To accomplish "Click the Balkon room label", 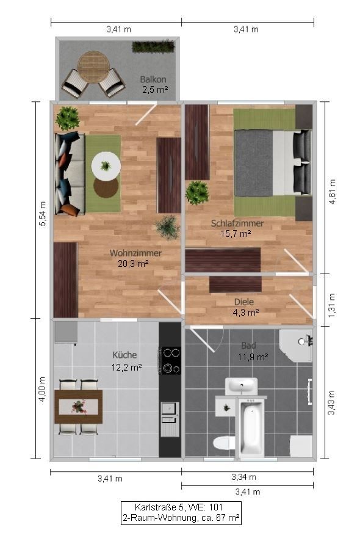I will pyautogui.click(x=153, y=79).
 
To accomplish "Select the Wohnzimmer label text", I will pyautogui.click(x=135, y=253).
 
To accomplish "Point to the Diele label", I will pyautogui.click(x=244, y=301).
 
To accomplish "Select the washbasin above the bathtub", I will pyautogui.click(x=242, y=386).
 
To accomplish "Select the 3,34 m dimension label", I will pyautogui.click(x=243, y=477).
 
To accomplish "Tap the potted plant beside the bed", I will pyautogui.click(x=197, y=192).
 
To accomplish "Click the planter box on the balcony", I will pyautogui.click(x=153, y=46).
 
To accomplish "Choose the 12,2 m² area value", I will pyautogui.click(x=127, y=367).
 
